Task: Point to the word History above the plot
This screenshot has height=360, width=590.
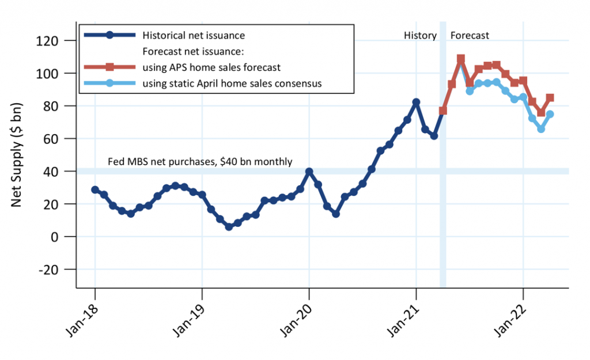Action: (420, 36)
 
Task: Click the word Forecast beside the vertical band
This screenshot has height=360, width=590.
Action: (470, 36)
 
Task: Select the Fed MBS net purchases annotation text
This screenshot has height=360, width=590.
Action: (200, 162)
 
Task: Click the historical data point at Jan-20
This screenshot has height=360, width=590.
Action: (309, 172)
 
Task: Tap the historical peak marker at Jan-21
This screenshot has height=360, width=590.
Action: (416, 102)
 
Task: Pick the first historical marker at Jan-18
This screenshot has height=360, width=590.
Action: (95, 190)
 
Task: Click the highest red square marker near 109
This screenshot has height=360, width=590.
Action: (461, 59)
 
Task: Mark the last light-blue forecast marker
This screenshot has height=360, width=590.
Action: (550, 114)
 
